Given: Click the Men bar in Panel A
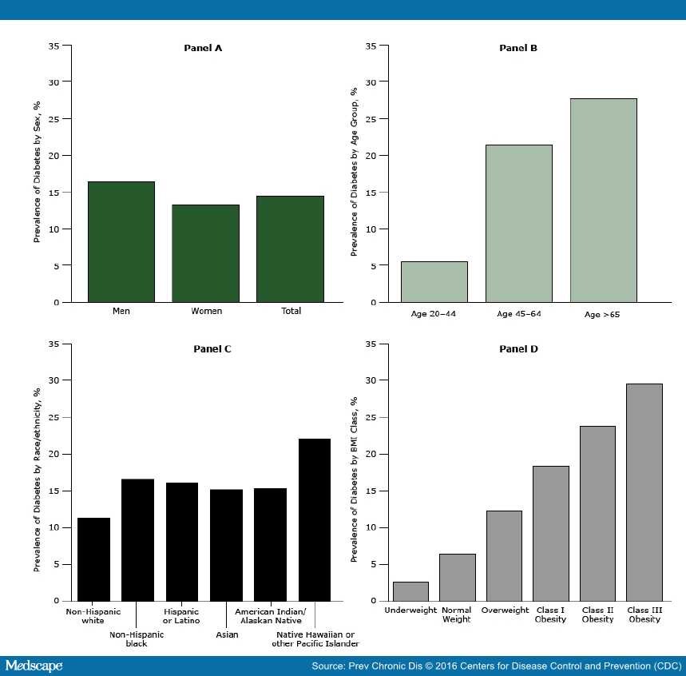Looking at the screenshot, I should click(x=121, y=242).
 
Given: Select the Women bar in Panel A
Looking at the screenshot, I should click(x=206, y=253).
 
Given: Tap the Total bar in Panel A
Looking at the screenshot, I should click(x=291, y=249).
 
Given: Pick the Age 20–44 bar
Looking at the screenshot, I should click(x=434, y=282).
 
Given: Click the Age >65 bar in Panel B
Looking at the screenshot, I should click(x=603, y=201).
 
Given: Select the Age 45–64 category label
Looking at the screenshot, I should click(x=518, y=314).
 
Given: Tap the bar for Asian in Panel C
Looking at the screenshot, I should click(x=226, y=545).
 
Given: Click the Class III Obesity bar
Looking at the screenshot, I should click(x=644, y=492).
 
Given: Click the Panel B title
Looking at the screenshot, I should click(x=518, y=48).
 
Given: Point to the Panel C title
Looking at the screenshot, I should click(x=212, y=348).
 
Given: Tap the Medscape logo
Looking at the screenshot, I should click(x=34, y=666).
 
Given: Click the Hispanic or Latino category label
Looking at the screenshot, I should click(x=181, y=615).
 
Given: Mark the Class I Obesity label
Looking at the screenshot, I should click(x=551, y=614).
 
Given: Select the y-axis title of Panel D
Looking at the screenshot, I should click(x=354, y=471).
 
